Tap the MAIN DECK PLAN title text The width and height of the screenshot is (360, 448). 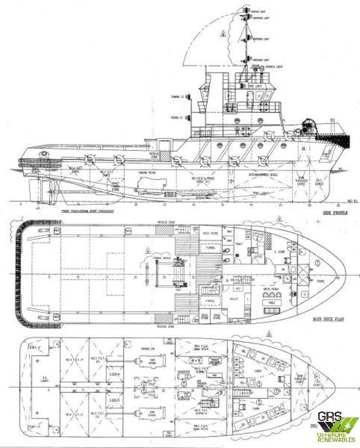tap(328, 319)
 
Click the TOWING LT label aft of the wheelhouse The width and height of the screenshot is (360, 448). tap(177, 96)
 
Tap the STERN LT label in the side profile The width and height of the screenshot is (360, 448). tap(177, 117)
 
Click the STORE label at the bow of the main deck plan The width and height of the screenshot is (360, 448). tap(321, 281)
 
